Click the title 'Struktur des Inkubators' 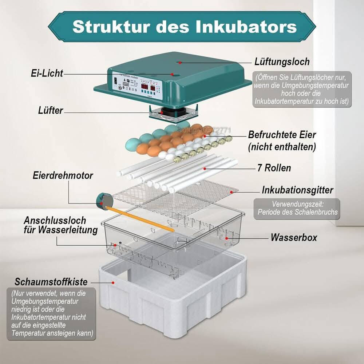pos(184,26)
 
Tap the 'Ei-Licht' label pos(47,73)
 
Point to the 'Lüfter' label pos(51,110)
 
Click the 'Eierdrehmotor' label pos(62,175)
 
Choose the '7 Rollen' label pos(274,168)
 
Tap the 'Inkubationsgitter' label pos(297,190)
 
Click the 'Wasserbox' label pos(293,238)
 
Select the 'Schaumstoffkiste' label pos(51,282)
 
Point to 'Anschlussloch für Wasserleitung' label pos(60,225)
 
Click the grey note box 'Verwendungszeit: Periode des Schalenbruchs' pos(297,209)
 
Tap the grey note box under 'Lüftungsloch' pos(302,89)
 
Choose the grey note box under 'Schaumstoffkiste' pos(51,313)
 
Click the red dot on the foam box pos(113,282)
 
